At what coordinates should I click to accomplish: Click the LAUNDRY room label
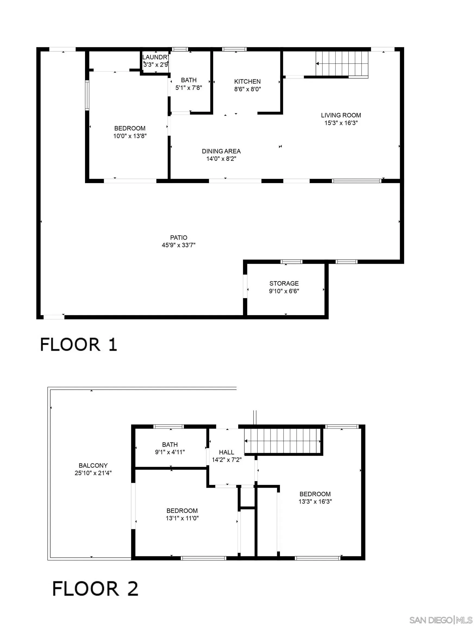pyautogui.click(x=155, y=57)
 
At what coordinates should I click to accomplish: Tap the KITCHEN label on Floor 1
pyautogui.click(x=247, y=82)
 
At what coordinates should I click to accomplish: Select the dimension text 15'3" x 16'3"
pyautogui.click(x=341, y=123)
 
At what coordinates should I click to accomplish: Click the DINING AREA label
pyautogui.click(x=221, y=151)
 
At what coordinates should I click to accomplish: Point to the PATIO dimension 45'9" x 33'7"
pyautogui.click(x=178, y=245)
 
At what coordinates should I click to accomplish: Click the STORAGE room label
pyautogui.click(x=284, y=283)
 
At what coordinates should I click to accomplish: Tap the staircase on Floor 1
pyautogui.click(x=342, y=64)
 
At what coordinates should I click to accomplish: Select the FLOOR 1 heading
pyautogui.click(x=79, y=345)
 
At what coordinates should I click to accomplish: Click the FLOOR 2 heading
pyautogui.click(x=95, y=589)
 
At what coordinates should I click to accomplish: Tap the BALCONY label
pyautogui.click(x=93, y=465)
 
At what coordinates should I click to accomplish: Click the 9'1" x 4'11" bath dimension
pyautogui.click(x=170, y=452)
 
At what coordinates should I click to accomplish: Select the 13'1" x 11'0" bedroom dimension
pyautogui.click(x=182, y=518)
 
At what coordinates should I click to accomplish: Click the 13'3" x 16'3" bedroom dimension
pyautogui.click(x=315, y=502)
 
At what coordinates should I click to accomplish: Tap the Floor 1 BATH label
pyautogui.click(x=189, y=80)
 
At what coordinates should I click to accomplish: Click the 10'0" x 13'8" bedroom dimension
pyautogui.click(x=130, y=136)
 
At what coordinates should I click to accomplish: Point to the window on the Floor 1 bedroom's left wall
pyautogui.click(x=87, y=95)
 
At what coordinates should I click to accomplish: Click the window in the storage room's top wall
pyautogui.click(x=291, y=261)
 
